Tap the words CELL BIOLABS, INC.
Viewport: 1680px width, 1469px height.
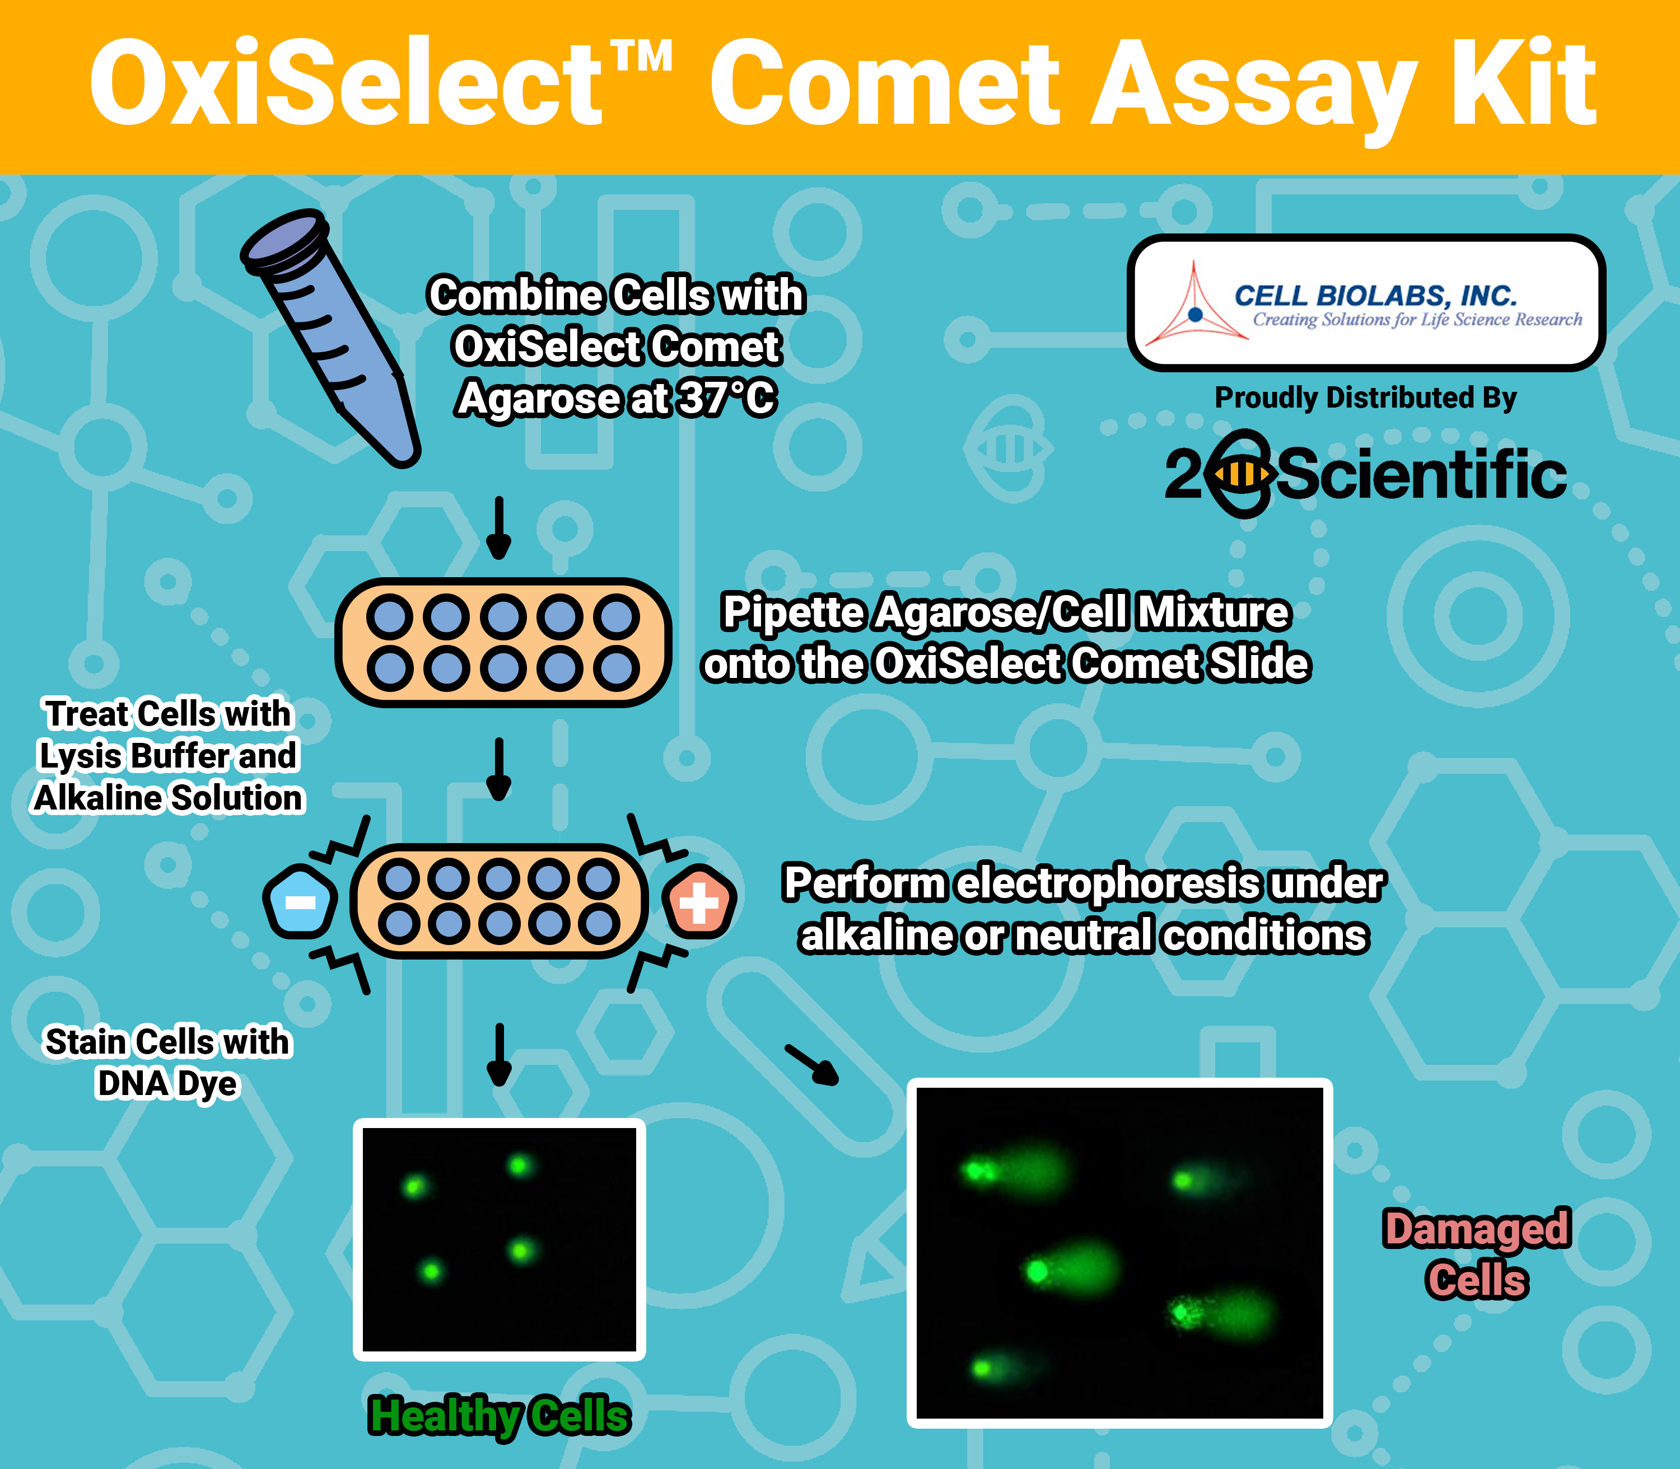1376,295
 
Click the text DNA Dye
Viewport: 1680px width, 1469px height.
167,1084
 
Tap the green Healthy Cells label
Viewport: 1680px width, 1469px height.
500,1416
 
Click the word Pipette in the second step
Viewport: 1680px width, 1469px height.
794,612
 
